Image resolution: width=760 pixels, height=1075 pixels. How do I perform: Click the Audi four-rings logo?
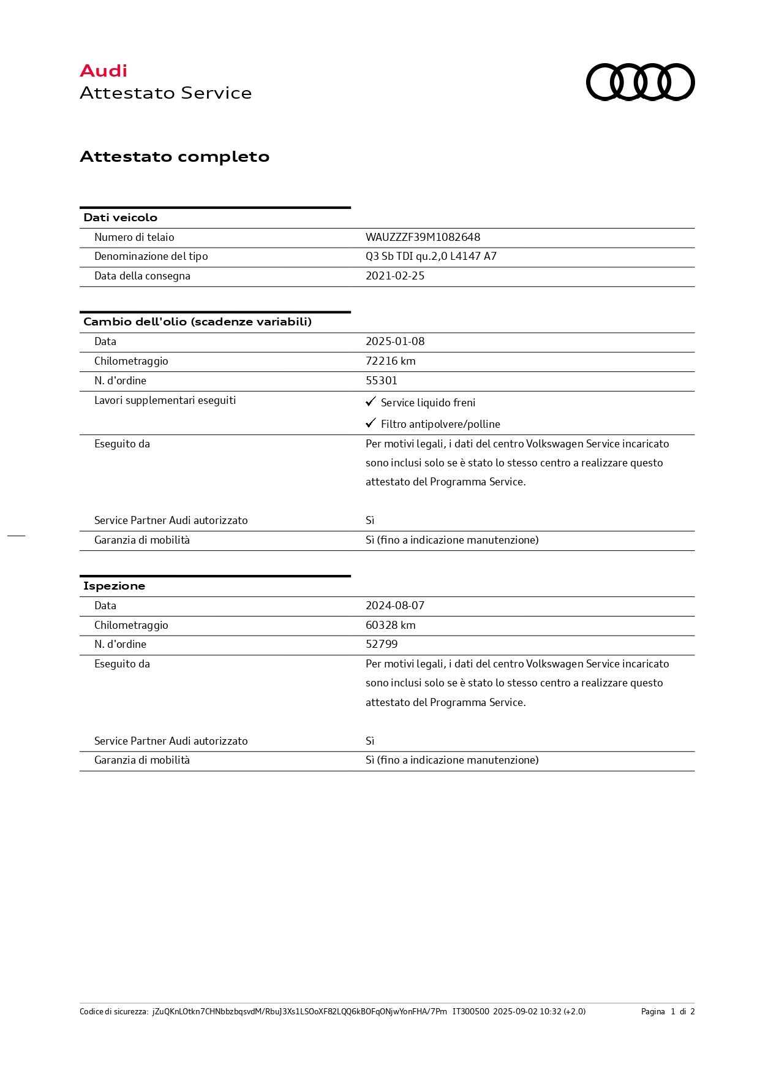(x=640, y=82)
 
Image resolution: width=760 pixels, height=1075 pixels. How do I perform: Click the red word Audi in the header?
(x=103, y=71)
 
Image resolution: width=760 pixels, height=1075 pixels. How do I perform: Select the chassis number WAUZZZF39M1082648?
(x=423, y=237)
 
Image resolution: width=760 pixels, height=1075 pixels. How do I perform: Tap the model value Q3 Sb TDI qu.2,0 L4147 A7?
(x=431, y=256)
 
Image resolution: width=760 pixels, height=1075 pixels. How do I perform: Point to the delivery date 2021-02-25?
(x=395, y=276)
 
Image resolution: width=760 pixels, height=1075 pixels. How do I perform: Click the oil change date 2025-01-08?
(x=395, y=341)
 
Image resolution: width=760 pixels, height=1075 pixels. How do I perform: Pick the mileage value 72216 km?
(x=390, y=361)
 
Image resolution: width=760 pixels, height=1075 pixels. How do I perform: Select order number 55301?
(x=382, y=381)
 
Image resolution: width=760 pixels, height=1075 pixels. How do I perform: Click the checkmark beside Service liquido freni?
(x=371, y=401)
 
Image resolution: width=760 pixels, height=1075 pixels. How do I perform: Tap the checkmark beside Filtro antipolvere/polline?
(x=371, y=423)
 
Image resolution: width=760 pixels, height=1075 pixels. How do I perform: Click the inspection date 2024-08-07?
(x=395, y=606)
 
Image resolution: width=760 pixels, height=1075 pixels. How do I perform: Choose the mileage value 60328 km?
(x=390, y=625)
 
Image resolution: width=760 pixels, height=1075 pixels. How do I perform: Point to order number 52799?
(x=382, y=644)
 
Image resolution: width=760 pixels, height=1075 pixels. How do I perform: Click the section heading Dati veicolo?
(x=120, y=218)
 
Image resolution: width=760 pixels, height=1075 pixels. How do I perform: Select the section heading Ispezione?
(x=114, y=586)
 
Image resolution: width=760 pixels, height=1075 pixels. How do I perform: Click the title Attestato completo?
(x=175, y=157)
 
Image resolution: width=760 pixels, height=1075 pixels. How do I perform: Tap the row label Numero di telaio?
(x=134, y=237)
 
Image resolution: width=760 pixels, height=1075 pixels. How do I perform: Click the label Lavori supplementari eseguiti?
(x=165, y=400)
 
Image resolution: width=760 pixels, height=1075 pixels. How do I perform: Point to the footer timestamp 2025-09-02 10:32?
(x=527, y=1011)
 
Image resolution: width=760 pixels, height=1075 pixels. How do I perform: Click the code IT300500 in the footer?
(x=470, y=1011)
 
